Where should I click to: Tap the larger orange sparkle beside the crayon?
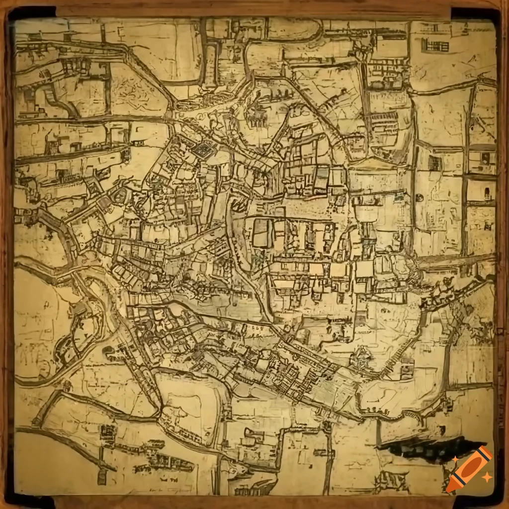click(x=487, y=477)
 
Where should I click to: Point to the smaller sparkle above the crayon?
click(x=455, y=458)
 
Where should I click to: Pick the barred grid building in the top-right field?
click(x=435, y=45)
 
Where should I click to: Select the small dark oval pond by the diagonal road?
click(x=108, y=350)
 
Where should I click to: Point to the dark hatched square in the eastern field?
click(x=435, y=163)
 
